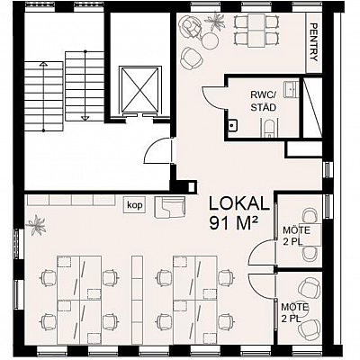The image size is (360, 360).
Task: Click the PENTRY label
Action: click(x=313, y=42)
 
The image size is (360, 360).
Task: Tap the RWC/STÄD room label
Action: click(x=263, y=102)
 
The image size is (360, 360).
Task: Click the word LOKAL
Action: click(x=238, y=203)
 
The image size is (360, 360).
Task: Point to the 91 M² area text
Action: click(x=234, y=223)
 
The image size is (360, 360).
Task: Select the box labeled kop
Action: click(x=135, y=205)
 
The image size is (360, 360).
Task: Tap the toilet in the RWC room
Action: click(x=269, y=128)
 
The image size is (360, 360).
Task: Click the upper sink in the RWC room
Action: click(x=292, y=89)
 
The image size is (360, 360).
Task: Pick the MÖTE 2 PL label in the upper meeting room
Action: click(x=296, y=236)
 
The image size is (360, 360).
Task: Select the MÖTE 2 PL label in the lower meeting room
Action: click(x=295, y=313)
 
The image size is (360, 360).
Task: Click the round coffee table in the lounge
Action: click(x=210, y=40)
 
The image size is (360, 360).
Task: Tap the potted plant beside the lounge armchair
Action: click(x=215, y=22)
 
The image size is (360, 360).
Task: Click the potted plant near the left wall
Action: click(x=36, y=224)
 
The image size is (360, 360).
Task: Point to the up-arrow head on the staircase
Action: click(x=44, y=64)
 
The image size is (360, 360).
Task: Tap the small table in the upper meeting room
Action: click(x=313, y=235)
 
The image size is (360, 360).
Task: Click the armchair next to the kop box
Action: click(x=170, y=207)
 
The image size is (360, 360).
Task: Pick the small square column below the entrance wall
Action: click(x=191, y=187)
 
